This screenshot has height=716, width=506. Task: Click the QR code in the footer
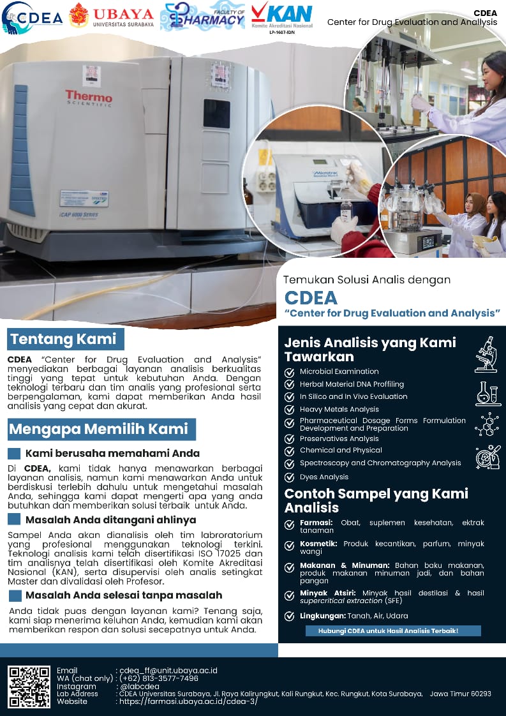coord(29,687)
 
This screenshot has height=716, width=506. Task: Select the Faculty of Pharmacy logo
coord(202,17)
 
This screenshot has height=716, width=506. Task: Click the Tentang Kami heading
coord(64,338)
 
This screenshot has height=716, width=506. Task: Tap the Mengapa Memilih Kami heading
coord(99,429)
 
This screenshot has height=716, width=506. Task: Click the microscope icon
coord(486,354)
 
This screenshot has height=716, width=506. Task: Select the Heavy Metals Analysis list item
coord(339,410)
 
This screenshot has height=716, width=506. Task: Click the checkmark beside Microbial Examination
coord(290,371)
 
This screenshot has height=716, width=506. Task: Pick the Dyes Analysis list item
coord(324,477)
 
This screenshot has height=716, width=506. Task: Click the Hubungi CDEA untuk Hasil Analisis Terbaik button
coord(383,631)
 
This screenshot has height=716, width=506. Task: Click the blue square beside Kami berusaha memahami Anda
coord(14,454)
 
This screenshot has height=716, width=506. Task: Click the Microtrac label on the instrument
coord(329,173)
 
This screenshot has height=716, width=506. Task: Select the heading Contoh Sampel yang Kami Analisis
coord(376,500)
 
